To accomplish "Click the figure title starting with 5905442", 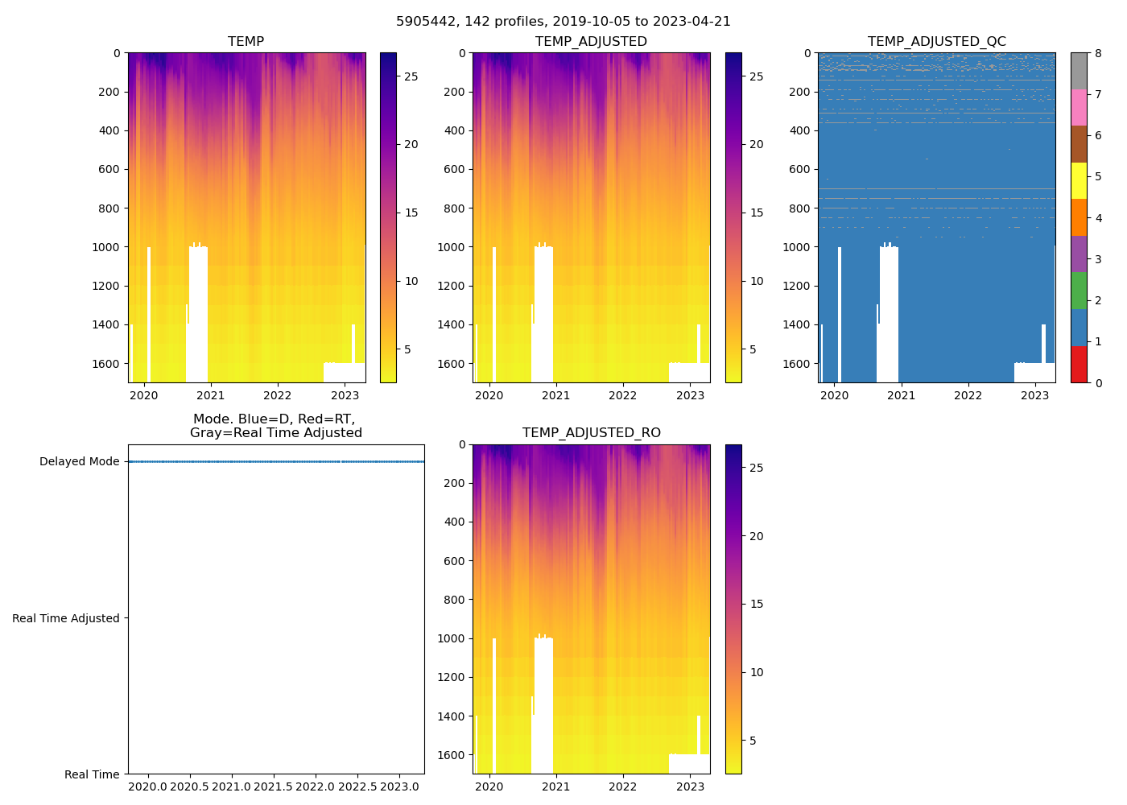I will (563, 22).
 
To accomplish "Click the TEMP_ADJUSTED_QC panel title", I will (936, 42).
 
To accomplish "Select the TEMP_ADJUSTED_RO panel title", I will (591, 433).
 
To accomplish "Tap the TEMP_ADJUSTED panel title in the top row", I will (591, 42).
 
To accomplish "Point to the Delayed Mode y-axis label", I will (79, 462).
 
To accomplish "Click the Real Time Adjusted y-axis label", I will (66, 618).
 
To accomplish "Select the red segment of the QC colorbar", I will (1079, 364).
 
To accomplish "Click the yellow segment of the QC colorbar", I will (1079, 180).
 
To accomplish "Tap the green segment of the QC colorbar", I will (1079, 291).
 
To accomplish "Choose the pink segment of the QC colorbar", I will (1079, 107).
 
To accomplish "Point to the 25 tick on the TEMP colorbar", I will (411, 76).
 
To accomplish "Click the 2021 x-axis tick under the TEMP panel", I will (211, 395).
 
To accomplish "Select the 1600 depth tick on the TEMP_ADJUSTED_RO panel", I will (455, 755).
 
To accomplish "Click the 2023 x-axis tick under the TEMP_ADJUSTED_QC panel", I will (1035, 395).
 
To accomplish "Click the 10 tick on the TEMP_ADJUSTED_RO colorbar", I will (757, 672).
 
